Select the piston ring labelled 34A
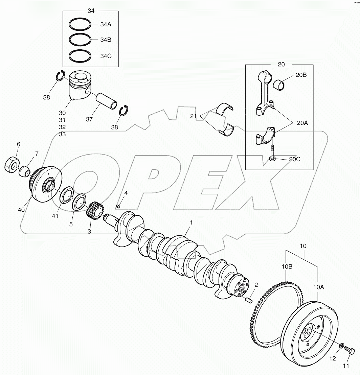[x=80, y=24]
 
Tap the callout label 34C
[x=106, y=56]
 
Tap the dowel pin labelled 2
[x=249, y=299]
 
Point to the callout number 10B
[x=287, y=267]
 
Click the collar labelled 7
[x=25, y=171]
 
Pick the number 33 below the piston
[x=62, y=134]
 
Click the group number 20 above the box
[x=281, y=64]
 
